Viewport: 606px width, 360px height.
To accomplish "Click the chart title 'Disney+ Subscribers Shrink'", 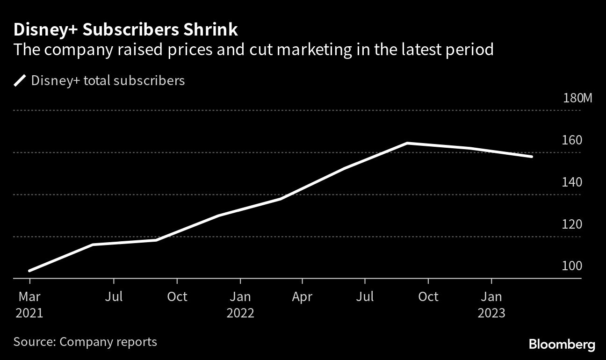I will click(x=125, y=30).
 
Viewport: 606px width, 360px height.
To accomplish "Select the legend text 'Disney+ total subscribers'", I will click(x=108, y=81).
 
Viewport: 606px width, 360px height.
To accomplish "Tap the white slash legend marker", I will click(x=20, y=81).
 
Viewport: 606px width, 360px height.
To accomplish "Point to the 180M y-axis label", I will click(x=577, y=98).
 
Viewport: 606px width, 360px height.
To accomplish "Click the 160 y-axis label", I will click(x=572, y=140).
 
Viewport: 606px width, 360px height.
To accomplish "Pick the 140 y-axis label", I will click(x=572, y=182).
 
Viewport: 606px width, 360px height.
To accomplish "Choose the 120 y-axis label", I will click(x=572, y=224).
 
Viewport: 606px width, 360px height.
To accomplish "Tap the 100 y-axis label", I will click(x=572, y=266).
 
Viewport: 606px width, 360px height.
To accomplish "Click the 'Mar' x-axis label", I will click(x=29, y=296).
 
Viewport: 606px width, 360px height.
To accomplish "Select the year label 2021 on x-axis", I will click(x=29, y=313).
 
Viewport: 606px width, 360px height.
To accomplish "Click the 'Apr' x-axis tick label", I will click(x=303, y=296).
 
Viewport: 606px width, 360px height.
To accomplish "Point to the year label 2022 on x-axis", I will click(x=240, y=313).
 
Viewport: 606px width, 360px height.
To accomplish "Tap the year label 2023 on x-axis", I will click(x=491, y=313).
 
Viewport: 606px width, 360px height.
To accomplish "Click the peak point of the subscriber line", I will click(x=407, y=143).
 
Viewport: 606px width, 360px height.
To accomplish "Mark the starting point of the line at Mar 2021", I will click(x=30, y=271).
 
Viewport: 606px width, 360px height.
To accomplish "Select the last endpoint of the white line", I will click(x=532, y=157).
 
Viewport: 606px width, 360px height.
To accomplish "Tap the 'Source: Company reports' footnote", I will click(x=85, y=342).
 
